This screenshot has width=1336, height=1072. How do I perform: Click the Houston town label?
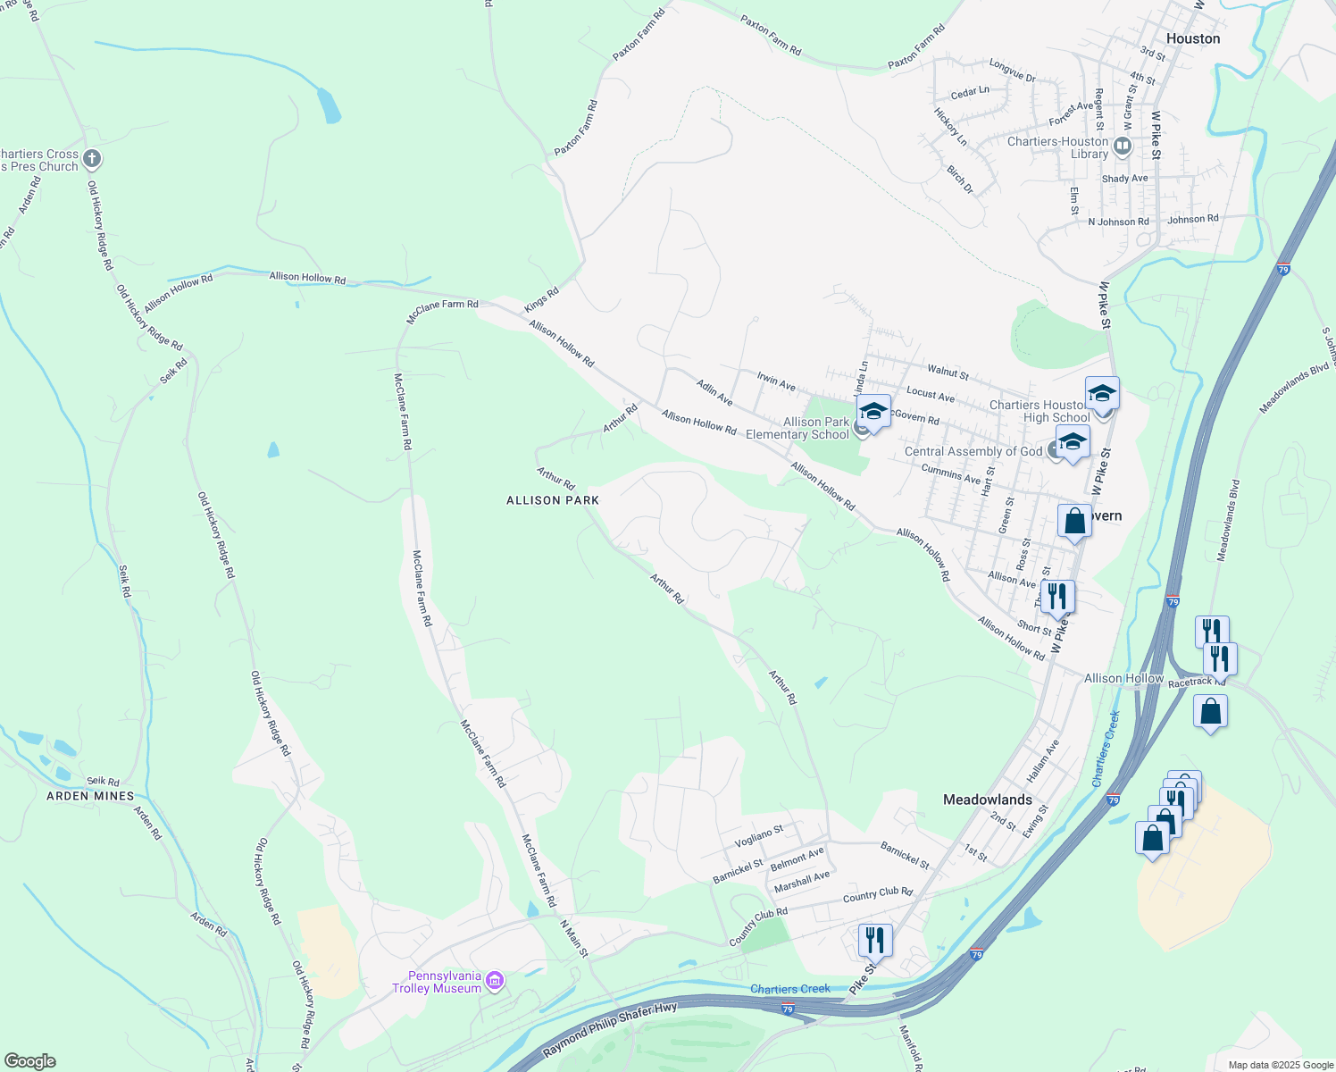(x=1192, y=38)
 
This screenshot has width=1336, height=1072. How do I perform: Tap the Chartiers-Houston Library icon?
(x=1123, y=146)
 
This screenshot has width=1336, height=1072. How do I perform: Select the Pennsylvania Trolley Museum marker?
(x=495, y=981)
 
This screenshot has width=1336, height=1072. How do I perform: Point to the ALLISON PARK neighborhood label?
(x=553, y=500)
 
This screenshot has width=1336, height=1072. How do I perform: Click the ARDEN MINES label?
(x=90, y=796)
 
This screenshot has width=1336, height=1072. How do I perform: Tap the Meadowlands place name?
(x=987, y=800)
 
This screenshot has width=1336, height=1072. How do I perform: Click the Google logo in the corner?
(x=30, y=1061)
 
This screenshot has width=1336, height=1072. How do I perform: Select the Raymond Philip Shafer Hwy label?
(x=610, y=1029)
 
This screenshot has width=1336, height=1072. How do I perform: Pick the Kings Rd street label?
(x=541, y=299)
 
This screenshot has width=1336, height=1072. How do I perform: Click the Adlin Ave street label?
(x=714, y=391)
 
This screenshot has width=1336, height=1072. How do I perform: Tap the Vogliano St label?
(x=758, y=836)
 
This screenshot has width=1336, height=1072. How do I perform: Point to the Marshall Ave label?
(x=802, y=882)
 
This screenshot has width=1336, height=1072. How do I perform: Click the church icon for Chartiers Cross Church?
(x=92, y=160)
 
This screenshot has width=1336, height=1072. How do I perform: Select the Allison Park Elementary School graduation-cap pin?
(x=873, y=412)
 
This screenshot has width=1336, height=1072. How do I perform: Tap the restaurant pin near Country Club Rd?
(x=874, y=941)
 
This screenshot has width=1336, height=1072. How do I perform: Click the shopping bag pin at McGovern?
(x=1074, y=521)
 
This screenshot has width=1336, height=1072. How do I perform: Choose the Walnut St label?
(x=948, y=371)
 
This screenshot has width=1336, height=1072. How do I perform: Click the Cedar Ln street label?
(x=970, y=92)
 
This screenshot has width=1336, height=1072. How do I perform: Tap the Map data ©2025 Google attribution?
(x=1280, y=1065)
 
